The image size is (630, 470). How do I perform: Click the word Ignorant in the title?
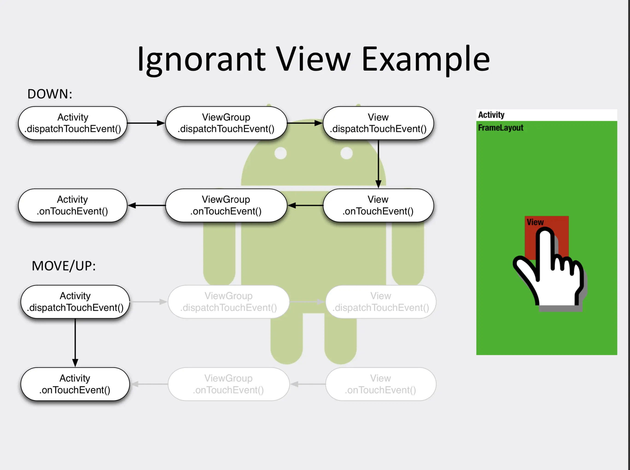pos(201,60)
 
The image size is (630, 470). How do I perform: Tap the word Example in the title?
pos(426,60)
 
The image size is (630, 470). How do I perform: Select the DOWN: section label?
pos(50,94)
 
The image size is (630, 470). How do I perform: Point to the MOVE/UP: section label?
pos(64,266)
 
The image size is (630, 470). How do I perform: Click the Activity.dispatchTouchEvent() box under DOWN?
pos(73,123)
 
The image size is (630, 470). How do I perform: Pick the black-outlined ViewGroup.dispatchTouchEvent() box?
pos(226,123)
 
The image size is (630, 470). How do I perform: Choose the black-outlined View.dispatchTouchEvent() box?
pos(378,123)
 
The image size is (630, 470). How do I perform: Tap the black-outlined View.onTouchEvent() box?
pos(378,205)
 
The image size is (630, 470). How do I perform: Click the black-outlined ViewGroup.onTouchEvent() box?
pos(226,205)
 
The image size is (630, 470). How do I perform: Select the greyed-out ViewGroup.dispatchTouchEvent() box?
pos(228,302)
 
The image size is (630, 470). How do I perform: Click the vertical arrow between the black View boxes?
pos(378,164)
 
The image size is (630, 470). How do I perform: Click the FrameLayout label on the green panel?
pos(501,128)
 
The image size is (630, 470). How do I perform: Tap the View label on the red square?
pos(535,222)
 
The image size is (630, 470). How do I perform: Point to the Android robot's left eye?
pos(280,153)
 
